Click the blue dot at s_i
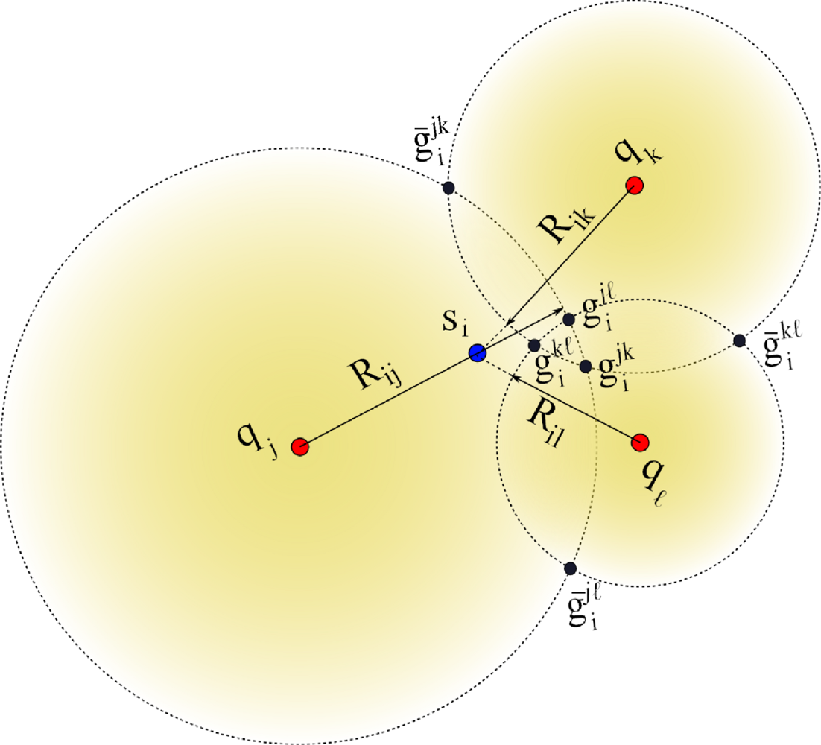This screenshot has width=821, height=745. click(478, 353)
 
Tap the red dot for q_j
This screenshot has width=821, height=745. click(299, 446)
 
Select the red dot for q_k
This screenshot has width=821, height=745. click(635, 185)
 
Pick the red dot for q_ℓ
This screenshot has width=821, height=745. click(639, 443)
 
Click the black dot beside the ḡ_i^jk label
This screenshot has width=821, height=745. click(448, 188)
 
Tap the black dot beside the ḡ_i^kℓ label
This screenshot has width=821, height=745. click(739, 340)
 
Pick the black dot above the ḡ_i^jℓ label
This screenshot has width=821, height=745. click(571, 568)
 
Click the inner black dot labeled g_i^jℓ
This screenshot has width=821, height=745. click(568, 319)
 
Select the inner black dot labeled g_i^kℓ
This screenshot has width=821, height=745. click(534, 345)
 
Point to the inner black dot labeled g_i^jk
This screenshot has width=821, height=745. click(586, 366)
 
